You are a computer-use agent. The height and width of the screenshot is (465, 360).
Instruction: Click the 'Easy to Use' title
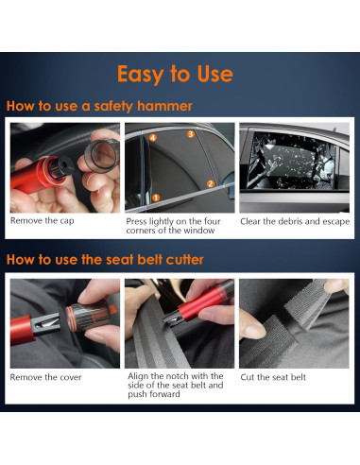click(175, 74)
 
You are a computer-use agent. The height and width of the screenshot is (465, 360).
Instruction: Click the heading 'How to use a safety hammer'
click(99, 106)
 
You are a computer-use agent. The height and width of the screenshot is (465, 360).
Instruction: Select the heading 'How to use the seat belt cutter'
click(105, 260)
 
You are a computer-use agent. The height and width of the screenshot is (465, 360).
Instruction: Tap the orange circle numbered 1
click(156, 198)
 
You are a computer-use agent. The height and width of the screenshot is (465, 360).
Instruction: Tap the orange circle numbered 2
click(211, 183)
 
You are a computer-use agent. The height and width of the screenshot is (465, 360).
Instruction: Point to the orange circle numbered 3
click(191, 134)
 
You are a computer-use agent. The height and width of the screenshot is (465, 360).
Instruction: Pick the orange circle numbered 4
click(153, 138)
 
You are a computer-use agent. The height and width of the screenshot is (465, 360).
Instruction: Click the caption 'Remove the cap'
click(43, 220)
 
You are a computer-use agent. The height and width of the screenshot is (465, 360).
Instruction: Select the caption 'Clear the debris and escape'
click(295, 221)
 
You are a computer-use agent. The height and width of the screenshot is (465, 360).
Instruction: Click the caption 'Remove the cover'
click(45, 377)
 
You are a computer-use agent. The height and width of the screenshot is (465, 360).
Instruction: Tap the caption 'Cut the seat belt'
click(273, 377)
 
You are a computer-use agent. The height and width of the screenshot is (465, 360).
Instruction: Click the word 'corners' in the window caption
click(141, 231)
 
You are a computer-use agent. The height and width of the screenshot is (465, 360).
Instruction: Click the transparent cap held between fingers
click(102, 155)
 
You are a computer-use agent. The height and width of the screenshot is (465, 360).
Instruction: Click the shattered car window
click(291, 161)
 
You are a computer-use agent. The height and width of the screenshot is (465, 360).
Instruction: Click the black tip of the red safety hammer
click(60, 167)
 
